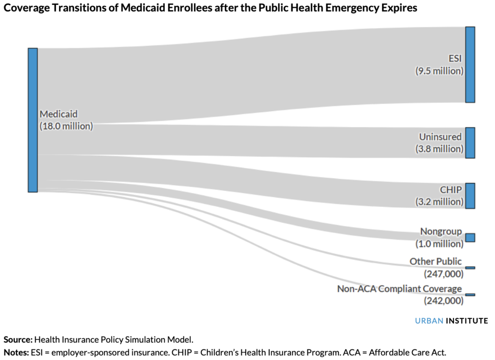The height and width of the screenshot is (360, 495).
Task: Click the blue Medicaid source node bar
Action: click(x=32, y=120)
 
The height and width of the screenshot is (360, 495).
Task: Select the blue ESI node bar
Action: click(x=470, y=64)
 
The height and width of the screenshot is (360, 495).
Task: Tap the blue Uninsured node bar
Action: click(x=470, y=143)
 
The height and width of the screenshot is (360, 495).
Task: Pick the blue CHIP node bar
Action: click(x=470, y=196)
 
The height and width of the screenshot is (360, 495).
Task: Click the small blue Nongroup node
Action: click(x=470, y=237)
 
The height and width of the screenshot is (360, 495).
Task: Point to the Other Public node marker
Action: click(x=470, y=268)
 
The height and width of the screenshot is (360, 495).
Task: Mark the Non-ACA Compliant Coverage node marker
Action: click(x=470, y=294)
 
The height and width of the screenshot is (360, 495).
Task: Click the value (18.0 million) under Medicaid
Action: click(x=66, y=126)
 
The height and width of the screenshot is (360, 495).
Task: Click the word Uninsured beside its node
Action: click(x=440, y=137)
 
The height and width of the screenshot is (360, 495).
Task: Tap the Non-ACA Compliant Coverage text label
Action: click(x=399, y=289)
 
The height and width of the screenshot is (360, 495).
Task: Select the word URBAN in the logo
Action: click(x=428, y=320)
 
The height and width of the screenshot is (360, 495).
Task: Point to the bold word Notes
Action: click(x=16, y=352)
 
